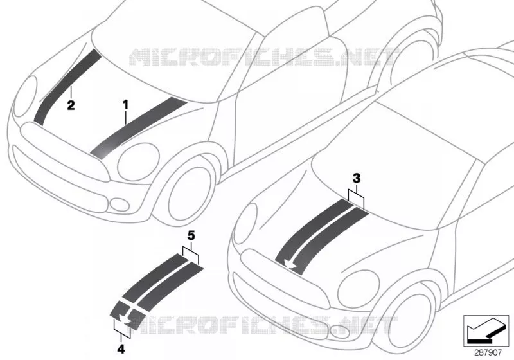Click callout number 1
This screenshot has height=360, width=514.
pos(125,105)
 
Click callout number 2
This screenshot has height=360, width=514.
pos(71,105)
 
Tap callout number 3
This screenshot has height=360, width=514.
pos(357,178)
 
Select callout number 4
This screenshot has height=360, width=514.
pos(121,349)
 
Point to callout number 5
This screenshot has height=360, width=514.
pos(191,235)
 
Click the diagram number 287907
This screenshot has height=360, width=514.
pos(488,353)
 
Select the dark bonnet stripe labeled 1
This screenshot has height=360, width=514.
pos(138,128)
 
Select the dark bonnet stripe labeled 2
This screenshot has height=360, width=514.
pos(67,87)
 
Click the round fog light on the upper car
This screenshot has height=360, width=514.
pos(120,204)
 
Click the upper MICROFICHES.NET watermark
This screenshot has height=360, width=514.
pos(264,57)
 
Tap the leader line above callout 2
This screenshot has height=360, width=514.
pos(71,92)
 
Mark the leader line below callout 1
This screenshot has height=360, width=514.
pos(125,118)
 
